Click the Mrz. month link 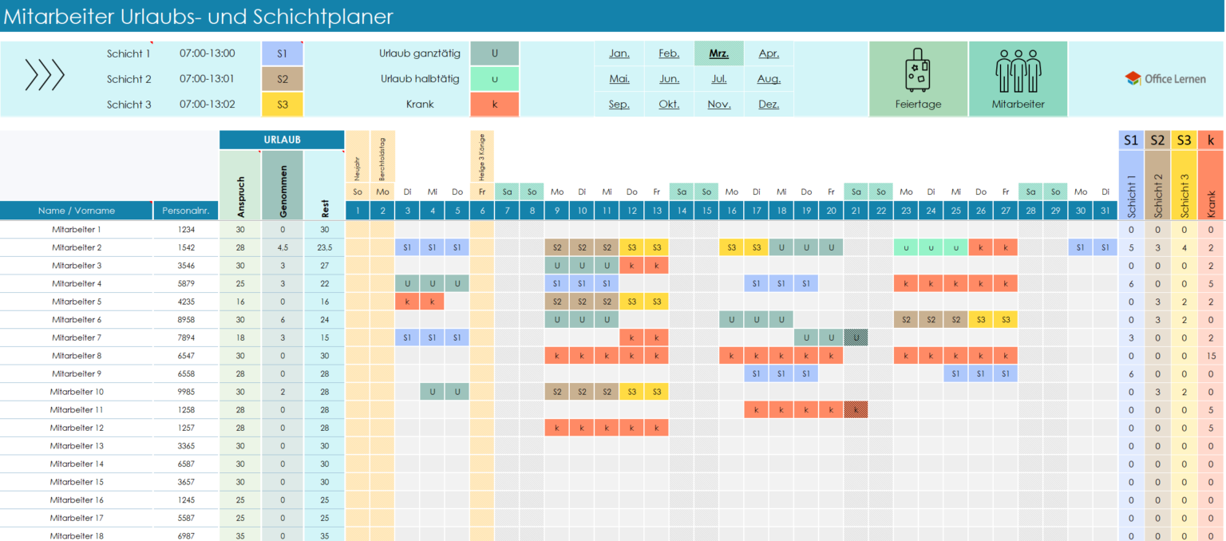(x=718, y=53)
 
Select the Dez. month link (x=769, y=104)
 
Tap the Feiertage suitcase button (x=918, y=79)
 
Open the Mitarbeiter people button (x=1018, y=79)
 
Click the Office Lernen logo (x=1165, y=78)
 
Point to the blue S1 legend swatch (x=283, y=53)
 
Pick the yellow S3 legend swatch (x=283, y=105)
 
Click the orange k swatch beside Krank (x=495, y=105)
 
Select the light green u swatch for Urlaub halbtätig (x=495, y=79)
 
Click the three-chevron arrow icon (x=45, y=75)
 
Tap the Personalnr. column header (x=185, y=211)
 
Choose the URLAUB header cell (x=282, y=140)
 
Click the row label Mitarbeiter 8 (x=77, y=355)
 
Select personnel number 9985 (x=185, y=392)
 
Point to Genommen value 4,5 (x=282, y=247)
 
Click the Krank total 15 (x=1211, y=355)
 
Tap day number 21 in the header (x=856, y=211)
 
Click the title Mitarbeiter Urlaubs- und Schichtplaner (x=199, y=16)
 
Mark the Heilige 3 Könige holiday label (x=482, y=156)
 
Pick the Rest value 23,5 (x=324, y=247)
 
